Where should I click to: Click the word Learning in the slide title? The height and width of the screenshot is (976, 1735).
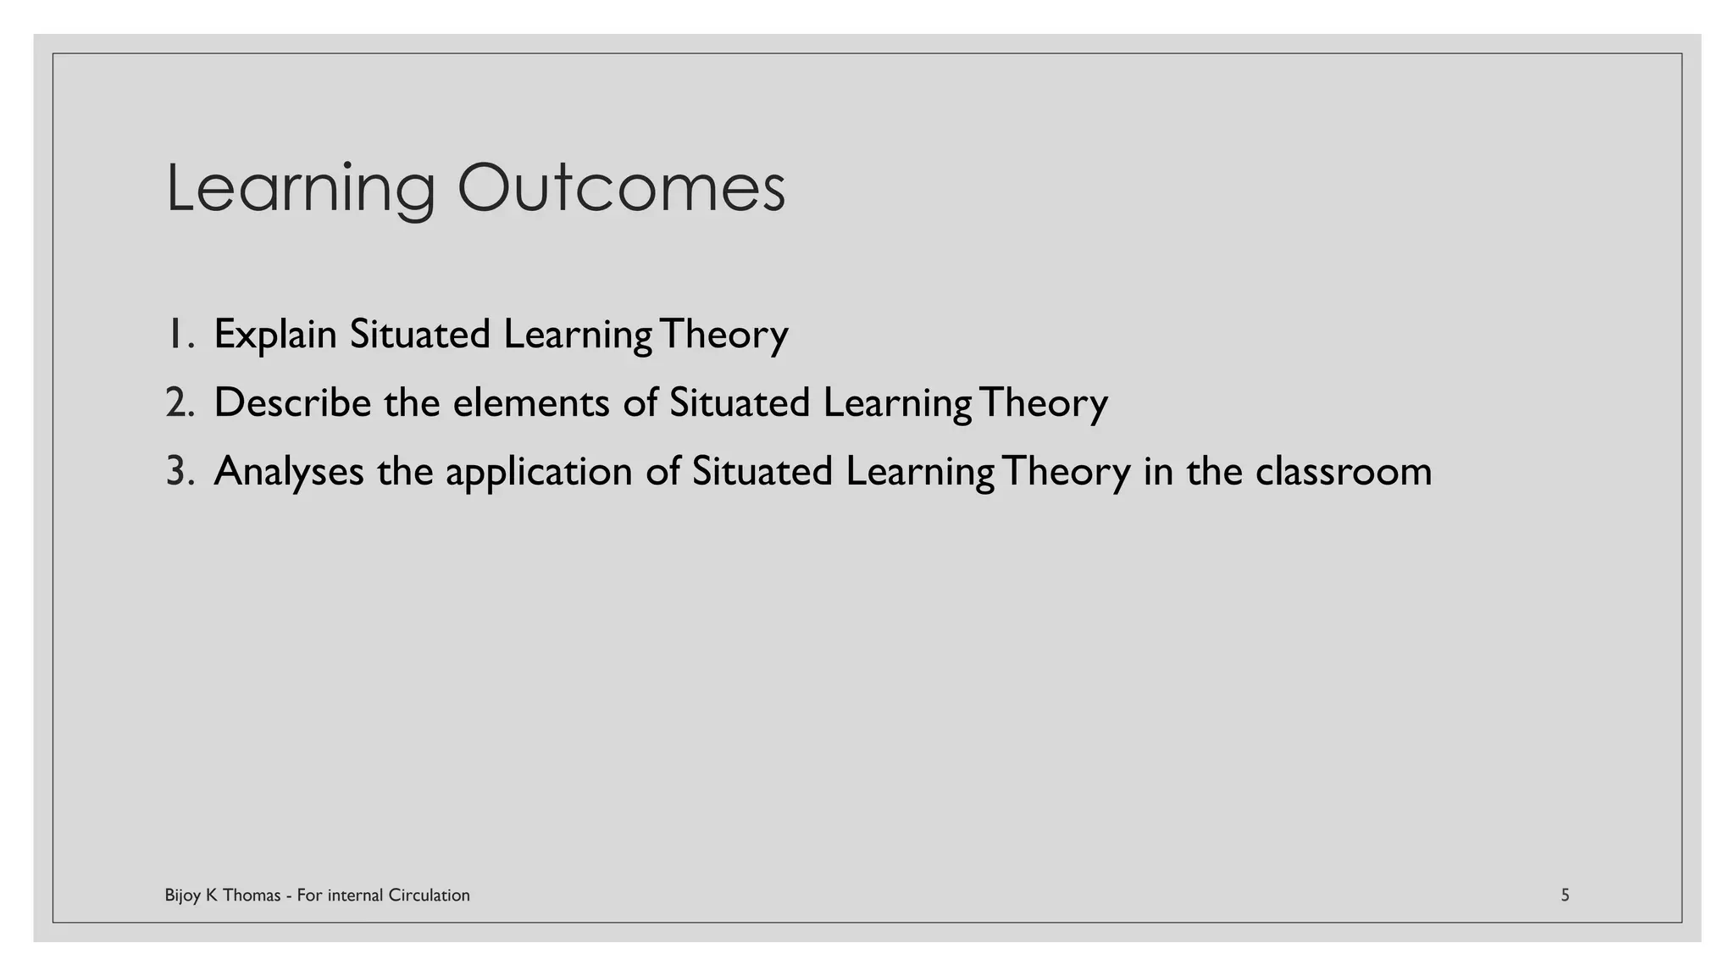(301, 188)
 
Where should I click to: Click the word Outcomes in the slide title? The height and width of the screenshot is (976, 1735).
(621, 188)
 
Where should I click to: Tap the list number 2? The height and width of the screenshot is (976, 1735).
(180, 402)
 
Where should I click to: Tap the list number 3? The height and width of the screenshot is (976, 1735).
(180, 471)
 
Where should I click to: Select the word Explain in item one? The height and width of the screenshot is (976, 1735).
(275, 334)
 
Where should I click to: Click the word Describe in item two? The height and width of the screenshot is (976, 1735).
(292, 402)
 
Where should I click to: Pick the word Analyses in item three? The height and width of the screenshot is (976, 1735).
(289, 471)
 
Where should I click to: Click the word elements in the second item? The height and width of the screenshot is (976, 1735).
(531, 402)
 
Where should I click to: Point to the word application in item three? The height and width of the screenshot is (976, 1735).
(539, 471)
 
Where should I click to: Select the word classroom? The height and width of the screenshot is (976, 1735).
(1344, 471)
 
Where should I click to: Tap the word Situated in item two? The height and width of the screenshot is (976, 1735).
(740, 402)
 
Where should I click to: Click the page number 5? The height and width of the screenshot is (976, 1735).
(1565, 895)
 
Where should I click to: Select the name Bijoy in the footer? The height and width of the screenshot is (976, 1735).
(182, 896)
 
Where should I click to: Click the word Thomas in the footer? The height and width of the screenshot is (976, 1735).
(252, 896)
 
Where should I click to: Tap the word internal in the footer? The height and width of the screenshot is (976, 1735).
(355, 896)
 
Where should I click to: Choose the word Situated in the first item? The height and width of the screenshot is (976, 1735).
(420, 334)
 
